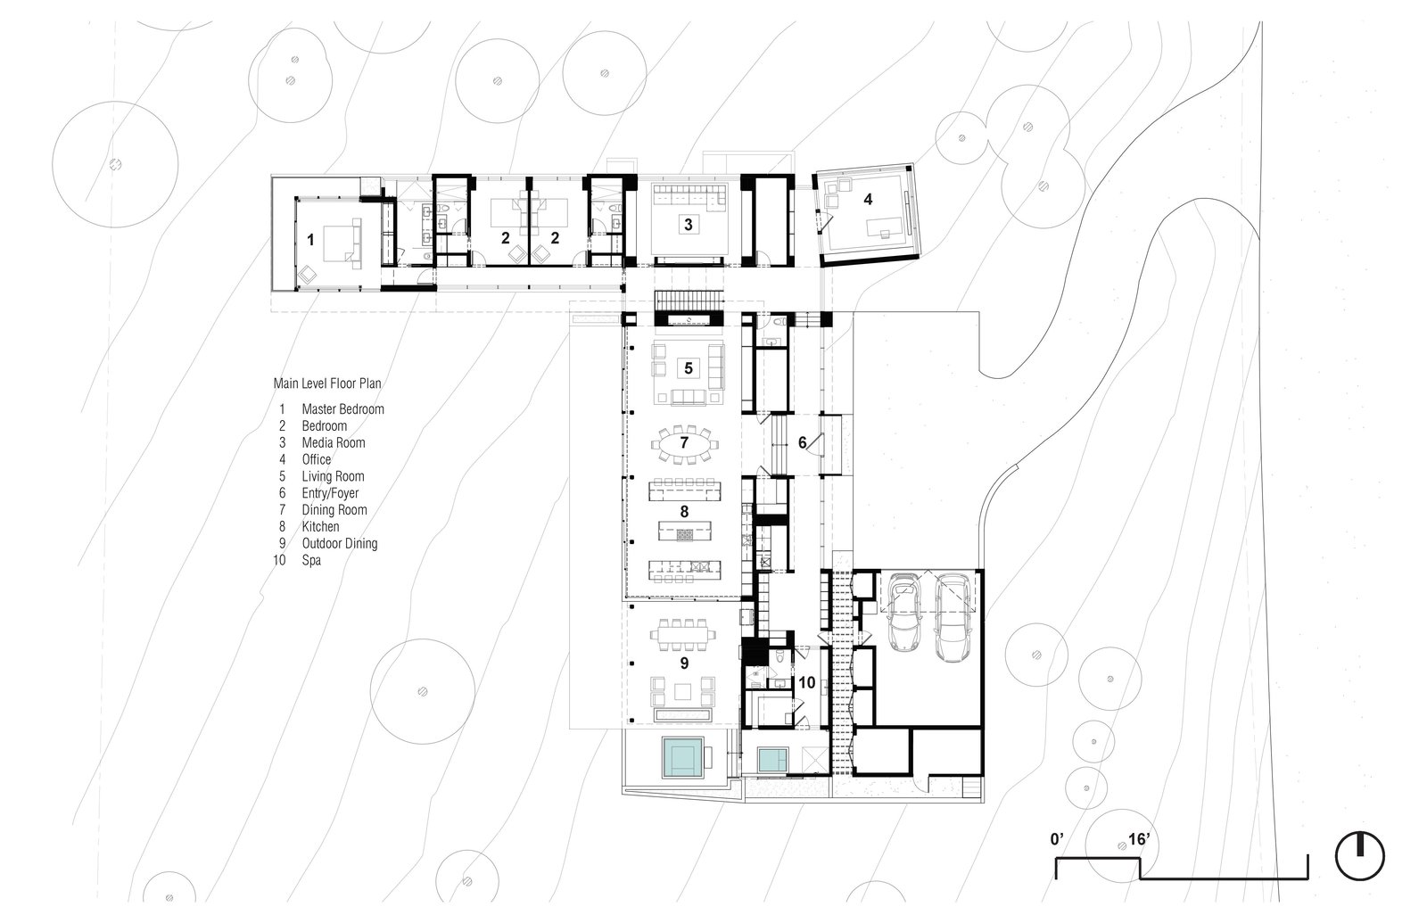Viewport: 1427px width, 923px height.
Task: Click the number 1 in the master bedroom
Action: click(310, 239)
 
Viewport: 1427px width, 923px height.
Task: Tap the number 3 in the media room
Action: click(688, 224)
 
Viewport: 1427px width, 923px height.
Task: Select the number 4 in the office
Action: click(867, 201)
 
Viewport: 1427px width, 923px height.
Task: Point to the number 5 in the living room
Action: click(688, 367)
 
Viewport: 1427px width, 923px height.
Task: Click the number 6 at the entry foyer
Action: click(802, 441)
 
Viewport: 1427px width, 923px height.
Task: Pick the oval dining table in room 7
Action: click(685, 443)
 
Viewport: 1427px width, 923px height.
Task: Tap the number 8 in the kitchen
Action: click(685, 512)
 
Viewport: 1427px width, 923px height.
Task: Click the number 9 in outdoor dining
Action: click(684, 663)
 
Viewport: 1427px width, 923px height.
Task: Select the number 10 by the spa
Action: click(806, 683)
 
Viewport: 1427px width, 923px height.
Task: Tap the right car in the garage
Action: click(953, 615)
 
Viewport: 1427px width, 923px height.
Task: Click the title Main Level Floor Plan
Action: click(327, 384)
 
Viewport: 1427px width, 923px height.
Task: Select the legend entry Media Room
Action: click(333, 442)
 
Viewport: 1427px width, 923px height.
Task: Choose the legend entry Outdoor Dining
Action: click(339, 543)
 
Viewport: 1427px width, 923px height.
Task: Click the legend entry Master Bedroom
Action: click(342, 409)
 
